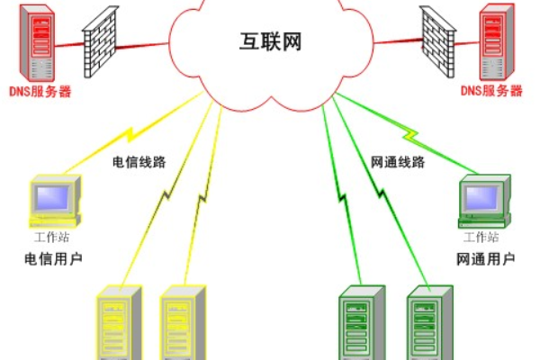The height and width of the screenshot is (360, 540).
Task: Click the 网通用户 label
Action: click(x=486, y=260)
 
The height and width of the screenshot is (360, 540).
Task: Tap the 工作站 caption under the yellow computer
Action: click(x=51, y=238)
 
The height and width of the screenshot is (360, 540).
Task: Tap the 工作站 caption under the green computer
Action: click(x=481, y=238)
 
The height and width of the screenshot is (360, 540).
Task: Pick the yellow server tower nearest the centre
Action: click(x=184, y=323)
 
